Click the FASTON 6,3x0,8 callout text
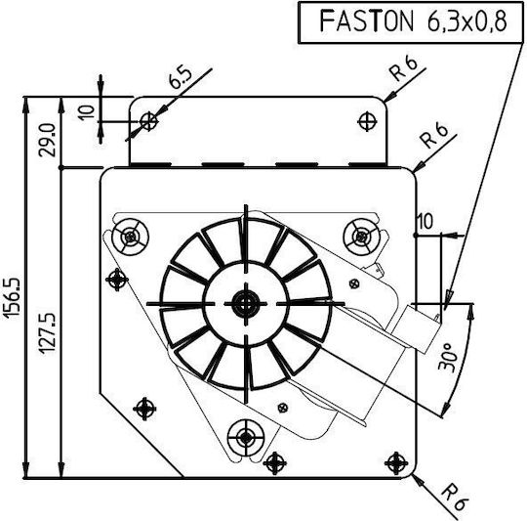pyautogui.click(x=413, y=21)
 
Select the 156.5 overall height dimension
pyautogui.click(x=13, y=297)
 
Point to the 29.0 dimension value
pyautogui.click(x=47, y=140)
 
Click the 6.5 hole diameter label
pyautogui.click(x=181, y=78)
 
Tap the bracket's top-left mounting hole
pyautogui.click(x=149, y=121)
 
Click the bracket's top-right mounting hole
pyautogui.click(x=367, y=121)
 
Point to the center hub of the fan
pyautogui.click(x=246, y=304)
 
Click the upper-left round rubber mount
pyautogui.click(x=130, y=237)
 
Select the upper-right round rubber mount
pyautogui.click(x=362, y=237)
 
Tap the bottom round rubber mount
pyautogui.click(x=246, y=438)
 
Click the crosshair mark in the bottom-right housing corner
pyautogui.click(x=396, y=463)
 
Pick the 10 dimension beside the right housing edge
pyautogui.click(x=425, y=222)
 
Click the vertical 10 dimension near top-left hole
pyautogui.click(x=87, y=112)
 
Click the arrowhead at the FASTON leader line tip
pyautogui.click(x=448, y=299)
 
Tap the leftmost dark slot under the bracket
pyautogui.click(x=150, y=165)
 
